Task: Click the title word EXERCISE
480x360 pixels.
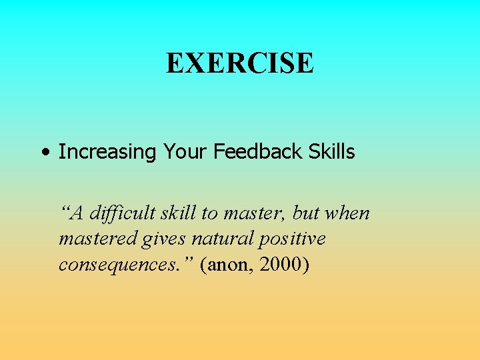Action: [x=239, y=64]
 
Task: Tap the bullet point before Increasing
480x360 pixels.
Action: [x=44, y=153]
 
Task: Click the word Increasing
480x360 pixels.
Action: [x=106, y=153]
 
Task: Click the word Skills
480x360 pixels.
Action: [x=331, y=152]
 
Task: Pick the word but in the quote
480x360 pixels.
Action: [x=305, y=213]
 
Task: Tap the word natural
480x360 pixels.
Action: [x=214, y=239]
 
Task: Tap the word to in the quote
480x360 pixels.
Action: [x=209, y=214]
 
